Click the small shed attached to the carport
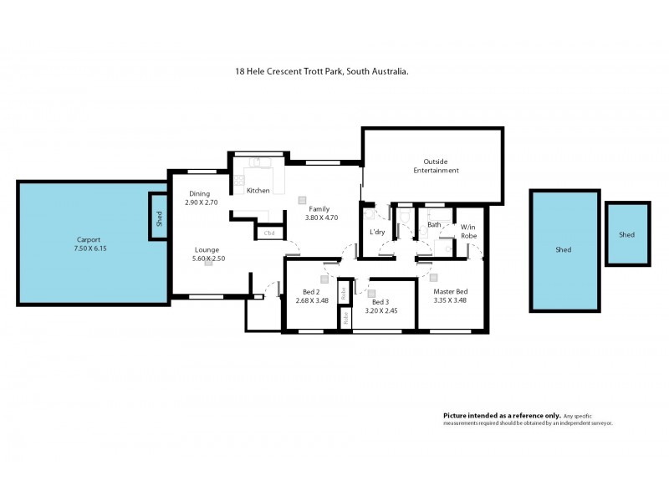pos(158,218)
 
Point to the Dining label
pos(199,193)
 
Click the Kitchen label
pos(258,191)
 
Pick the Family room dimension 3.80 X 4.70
pos(322,218)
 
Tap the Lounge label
pos(207,249)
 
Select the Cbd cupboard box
pos(269,233)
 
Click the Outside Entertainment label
pos(436,166)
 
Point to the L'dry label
pos(378,232)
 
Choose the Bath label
pos(434,225)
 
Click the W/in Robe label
pos(468,231)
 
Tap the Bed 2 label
pos(310,291)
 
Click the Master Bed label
pos(450,291)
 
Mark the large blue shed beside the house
pos(564,249)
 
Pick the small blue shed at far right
pos(626,235)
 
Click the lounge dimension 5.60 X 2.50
pos(207,259)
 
